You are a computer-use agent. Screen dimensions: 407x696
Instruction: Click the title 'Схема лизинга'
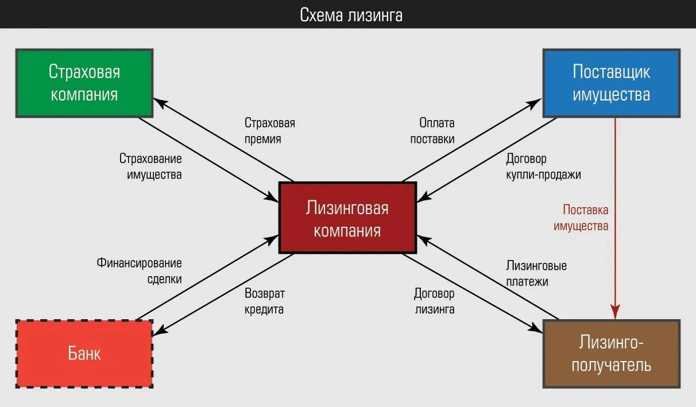(351, 14)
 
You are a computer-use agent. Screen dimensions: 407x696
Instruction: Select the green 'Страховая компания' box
(84, 83)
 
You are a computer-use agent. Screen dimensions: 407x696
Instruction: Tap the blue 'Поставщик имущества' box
(611, 83)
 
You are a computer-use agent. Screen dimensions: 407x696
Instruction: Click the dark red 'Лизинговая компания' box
(347, 218)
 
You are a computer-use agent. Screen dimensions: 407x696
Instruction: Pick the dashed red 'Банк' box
(84, 353)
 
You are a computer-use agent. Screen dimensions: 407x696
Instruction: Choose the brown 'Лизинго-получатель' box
(611, 354)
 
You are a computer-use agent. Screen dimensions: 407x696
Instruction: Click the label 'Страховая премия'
(269, 131)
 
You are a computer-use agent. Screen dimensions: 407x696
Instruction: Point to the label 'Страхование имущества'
(150, 166)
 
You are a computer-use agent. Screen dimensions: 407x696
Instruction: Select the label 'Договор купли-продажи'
(543, 166)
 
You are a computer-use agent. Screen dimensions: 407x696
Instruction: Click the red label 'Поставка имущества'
(581, 218)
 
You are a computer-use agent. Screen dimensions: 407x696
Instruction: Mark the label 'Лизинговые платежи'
(536, 274)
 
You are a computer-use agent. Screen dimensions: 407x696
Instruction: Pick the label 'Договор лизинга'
(434, 301)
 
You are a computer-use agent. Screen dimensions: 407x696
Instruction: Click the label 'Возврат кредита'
(264, 301)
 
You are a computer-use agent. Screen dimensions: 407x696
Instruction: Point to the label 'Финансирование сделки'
(139, 271)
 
